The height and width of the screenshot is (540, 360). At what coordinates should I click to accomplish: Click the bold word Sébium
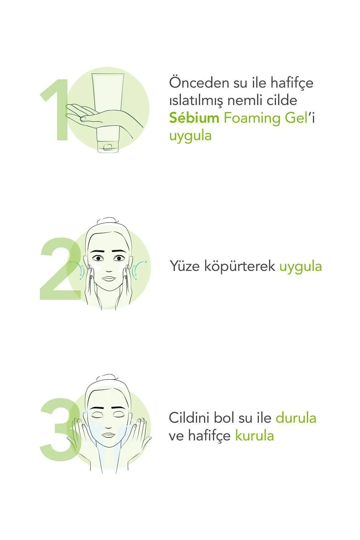(194, 118)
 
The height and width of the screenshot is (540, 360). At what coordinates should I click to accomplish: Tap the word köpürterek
(240, 266)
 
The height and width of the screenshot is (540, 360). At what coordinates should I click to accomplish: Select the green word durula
(296, 418)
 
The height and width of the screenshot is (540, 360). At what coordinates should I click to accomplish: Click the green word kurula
(254, 436)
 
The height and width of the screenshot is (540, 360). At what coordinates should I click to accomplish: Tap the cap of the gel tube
(108, 147)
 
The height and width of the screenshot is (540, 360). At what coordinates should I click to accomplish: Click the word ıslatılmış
(196, 100)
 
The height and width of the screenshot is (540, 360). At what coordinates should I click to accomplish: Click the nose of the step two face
(108, 268)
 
